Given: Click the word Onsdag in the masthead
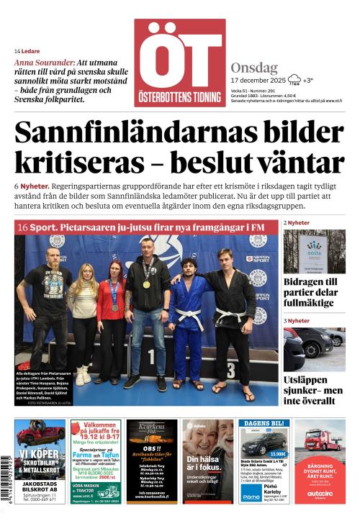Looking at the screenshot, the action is point(254,68).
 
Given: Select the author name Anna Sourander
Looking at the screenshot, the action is point(44,63).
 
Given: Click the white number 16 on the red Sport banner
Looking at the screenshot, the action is point(22,227).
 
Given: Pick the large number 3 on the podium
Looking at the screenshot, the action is point(230,370).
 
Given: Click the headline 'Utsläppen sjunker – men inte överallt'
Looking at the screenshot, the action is point(314,390).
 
